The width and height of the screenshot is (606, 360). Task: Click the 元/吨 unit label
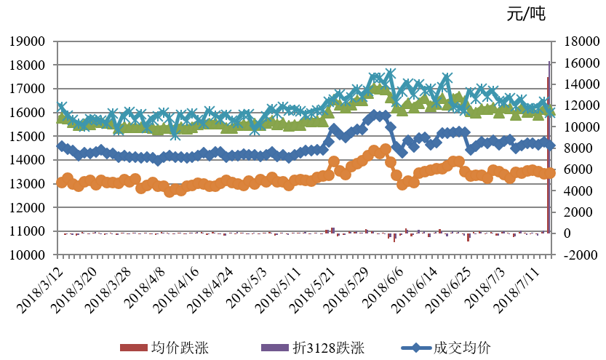(525, 14)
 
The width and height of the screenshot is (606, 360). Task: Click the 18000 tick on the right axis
(575, 41)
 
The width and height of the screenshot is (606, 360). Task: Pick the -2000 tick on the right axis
(573, 255)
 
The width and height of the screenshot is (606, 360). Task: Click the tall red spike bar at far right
(548, 153)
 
